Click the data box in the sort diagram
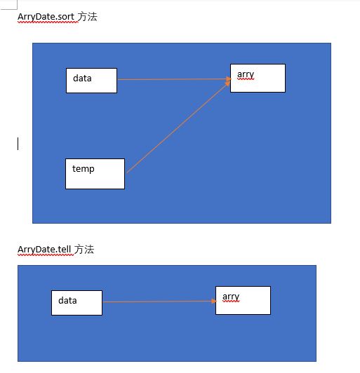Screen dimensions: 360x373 coord(91,81)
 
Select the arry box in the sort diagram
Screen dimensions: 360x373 coord(258,78)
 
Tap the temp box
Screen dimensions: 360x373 coord(95,174)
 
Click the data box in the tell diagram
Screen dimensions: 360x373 coord(77,303)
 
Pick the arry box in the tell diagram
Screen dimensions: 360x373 coord(243,301)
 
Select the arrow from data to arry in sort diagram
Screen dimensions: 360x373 coord(174,79)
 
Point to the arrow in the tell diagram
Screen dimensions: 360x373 coord(160,301)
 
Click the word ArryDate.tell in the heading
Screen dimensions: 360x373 coord(44,250)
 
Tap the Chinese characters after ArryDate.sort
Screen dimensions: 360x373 coord(88,17)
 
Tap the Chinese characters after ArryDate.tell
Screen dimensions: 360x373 coord(84,250)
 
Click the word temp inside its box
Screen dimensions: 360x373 coord(84,169)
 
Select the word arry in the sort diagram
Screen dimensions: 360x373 coord(246,74)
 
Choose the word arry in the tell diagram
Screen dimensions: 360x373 coord(231,297)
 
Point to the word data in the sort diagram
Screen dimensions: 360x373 coord(82,79)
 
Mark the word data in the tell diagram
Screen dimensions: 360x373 coord(67,301)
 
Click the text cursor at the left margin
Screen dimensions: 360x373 coord(18,144)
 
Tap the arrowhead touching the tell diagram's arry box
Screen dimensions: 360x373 coord(214,301)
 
